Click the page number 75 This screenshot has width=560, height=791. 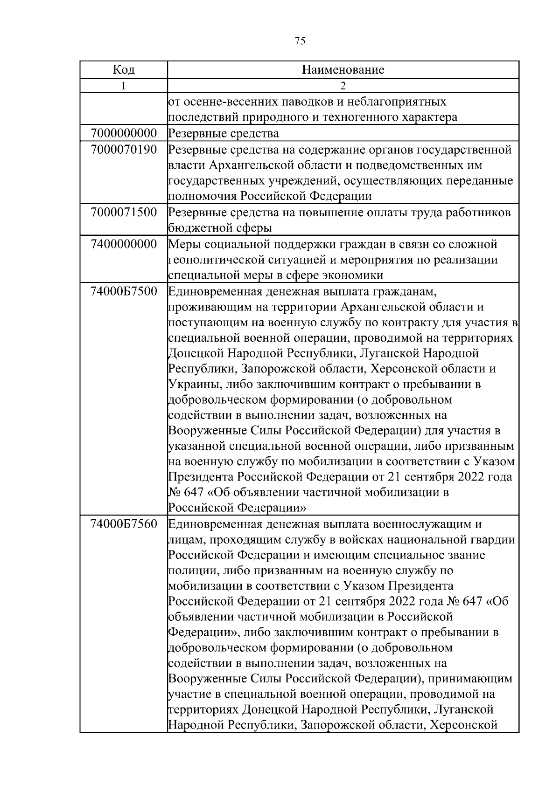coord(300,41)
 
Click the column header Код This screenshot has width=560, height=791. coord(124,70)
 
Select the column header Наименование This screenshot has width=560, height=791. coord(343,70)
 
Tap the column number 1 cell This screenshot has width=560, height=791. coord(124,86)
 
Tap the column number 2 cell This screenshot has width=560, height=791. coord(343,86)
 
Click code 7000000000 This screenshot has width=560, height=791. coord(124,133)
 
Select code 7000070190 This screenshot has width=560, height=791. coord(124,150)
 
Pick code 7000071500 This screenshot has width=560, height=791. coord(124,213)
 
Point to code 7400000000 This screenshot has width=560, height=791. coord(124,244)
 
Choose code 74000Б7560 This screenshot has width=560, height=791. coord(124,524)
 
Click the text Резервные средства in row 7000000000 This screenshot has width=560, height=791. coord(224,134)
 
